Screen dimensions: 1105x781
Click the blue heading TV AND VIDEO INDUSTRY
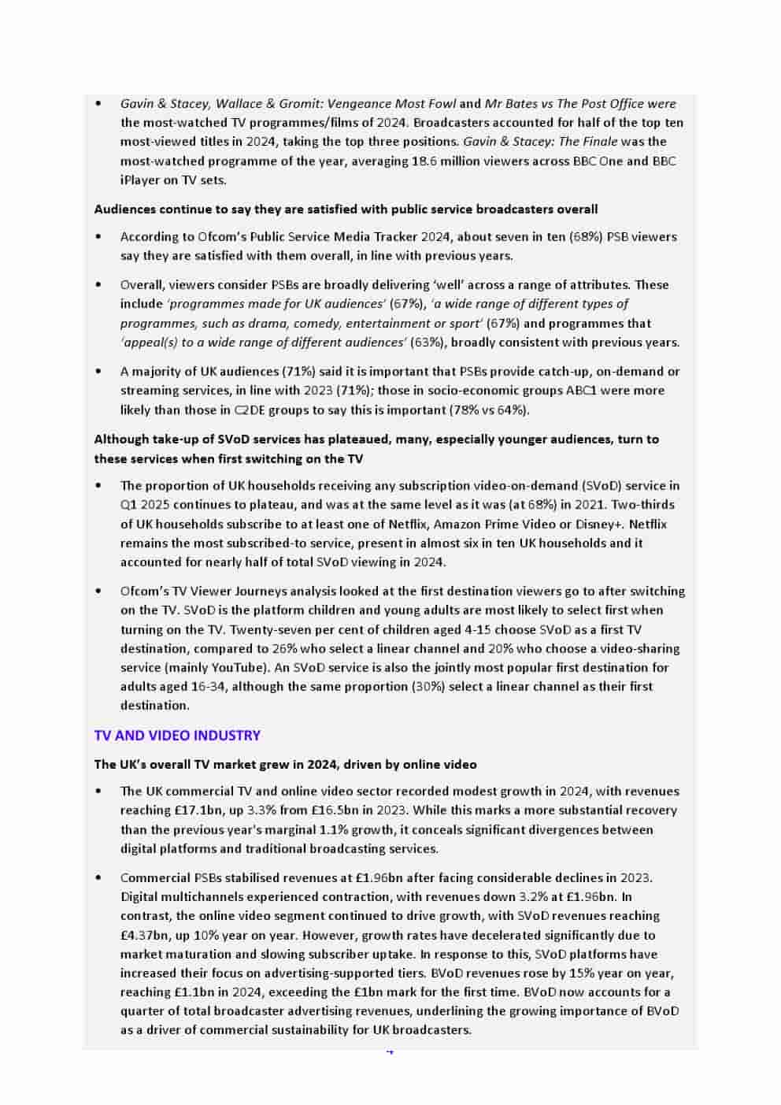click(x=177, y=736)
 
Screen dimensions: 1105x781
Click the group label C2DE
click(x=250, y=410)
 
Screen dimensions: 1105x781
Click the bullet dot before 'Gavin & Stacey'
click(x=98, y=104)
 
